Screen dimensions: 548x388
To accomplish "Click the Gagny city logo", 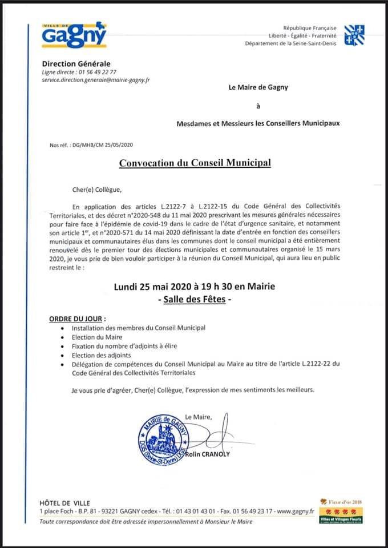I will pyautogui.click(x=74, y=34).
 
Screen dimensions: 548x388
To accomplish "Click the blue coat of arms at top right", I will pyautogui.click(x=355, y=35).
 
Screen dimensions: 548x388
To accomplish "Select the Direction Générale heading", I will pyautogui.click(x=76, y=63).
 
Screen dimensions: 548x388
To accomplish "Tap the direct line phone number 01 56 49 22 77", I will pyautogui.click(x=95, y=72).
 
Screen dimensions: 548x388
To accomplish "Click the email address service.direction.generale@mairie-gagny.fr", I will pyautogui.click(x=96, y=80).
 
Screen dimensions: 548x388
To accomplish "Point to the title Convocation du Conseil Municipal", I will pyautogui.click(x=195, y=163).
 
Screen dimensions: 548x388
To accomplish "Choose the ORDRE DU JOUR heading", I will pyautogui.click(x=77, y=317).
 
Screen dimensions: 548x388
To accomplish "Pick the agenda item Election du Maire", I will pyautogui.click(x=97, y=337).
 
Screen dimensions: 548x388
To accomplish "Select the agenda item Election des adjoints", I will pyautogui.click(x=101, y=355).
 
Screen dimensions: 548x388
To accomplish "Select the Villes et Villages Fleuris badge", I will pyautogui.click(x=345, y=517).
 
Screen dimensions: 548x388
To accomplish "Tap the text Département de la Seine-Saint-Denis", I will pyautogui.click(x=290, y=43).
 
